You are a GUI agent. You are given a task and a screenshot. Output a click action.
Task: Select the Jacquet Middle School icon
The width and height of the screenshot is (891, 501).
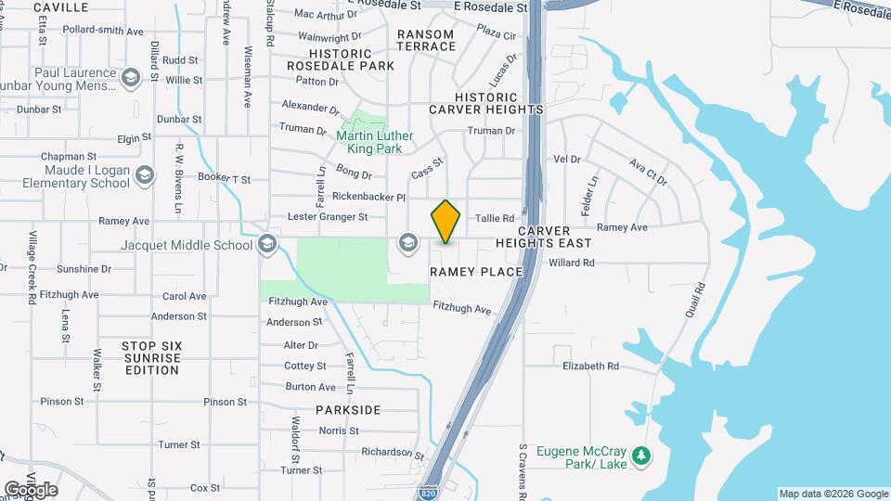pyautogui.click(x=267, y=244)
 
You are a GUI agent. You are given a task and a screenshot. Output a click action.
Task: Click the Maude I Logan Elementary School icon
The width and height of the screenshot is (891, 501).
pyautogui.click(x=145, y=174)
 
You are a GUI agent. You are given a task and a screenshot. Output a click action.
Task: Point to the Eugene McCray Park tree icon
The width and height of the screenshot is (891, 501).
pyautogui.click(x=639, y=456)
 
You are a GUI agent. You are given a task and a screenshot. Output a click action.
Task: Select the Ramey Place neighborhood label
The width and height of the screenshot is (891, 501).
pyautogui.click(x=476, y=272)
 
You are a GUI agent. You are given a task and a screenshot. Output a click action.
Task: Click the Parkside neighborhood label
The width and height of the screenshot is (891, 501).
pyautogui.click(x=348, y=409)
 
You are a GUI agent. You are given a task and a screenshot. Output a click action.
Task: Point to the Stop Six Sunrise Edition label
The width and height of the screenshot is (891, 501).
pyautogui.click(x=151, y=357)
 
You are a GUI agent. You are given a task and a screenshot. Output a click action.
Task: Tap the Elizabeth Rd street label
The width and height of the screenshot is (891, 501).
pyautogui.click(x=590, y=366)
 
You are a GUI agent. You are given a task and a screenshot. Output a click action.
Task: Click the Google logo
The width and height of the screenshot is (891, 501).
pyautogui.click(x=31, y=489)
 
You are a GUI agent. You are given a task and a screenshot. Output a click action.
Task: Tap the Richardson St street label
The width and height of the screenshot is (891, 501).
pyautogui.click(x=393, y=454)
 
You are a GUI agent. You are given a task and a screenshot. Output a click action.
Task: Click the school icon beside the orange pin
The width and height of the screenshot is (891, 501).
pyautogui.click(x=407, y=244)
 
